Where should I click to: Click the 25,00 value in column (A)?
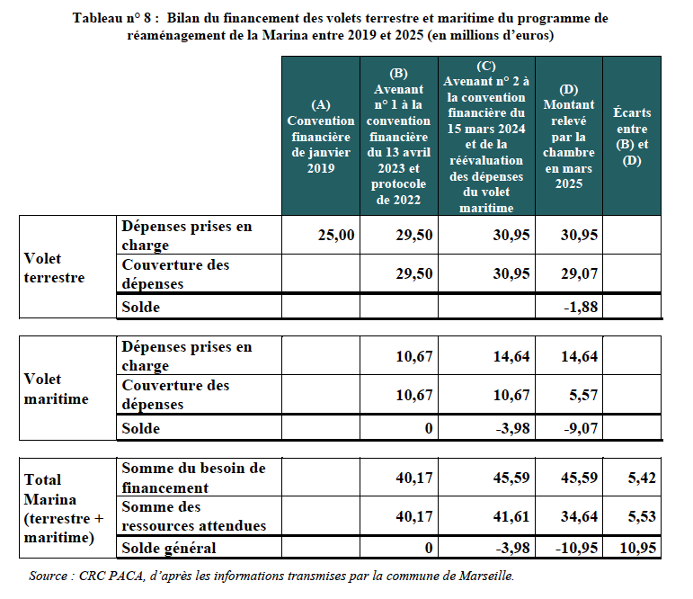tap(337, 236)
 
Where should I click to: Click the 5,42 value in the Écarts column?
tap(643, 478)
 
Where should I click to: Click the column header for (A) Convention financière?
tap(320, 136)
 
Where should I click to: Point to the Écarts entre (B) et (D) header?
tap(632, 136)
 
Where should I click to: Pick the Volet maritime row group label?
tap(56, 389)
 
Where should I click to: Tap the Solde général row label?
tap(169, 547)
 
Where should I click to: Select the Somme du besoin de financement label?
tap(193, 478)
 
